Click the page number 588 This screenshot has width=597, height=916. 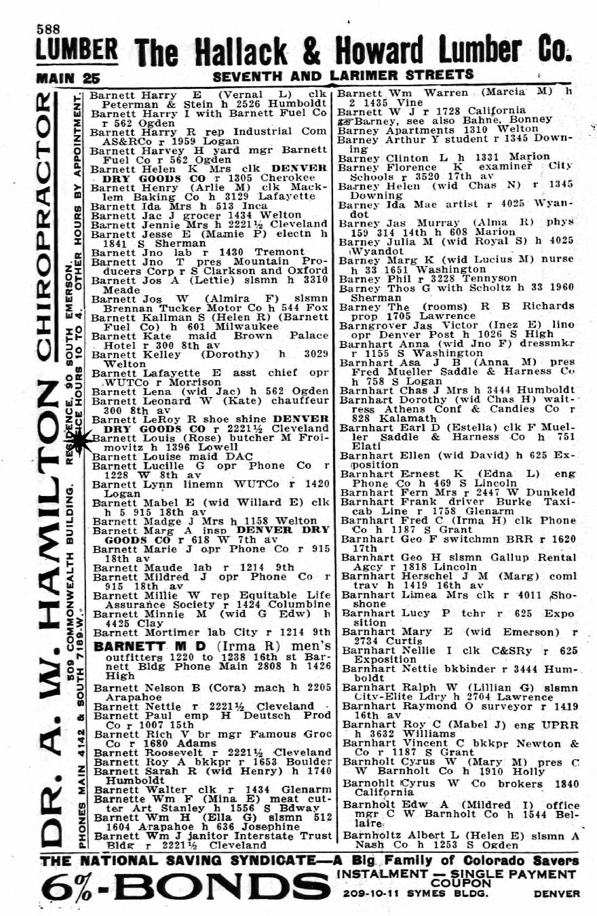pyautogui.click(x=48, y=29)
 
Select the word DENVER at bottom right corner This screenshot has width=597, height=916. pyautogui.click(x=556, y=894)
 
